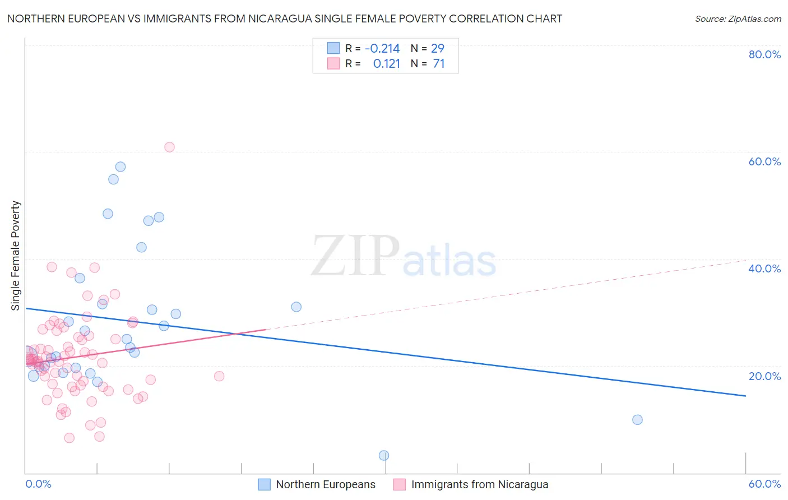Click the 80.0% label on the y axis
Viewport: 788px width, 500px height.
pyautogui.click(x=764, y=54)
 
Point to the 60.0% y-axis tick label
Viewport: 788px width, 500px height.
pyautogui.click(x=764, y=161)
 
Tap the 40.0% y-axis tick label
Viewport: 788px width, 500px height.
pyautogui.click(x=764, y=268)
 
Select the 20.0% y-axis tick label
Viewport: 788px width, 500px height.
pyautogui.click(x=764, y=376)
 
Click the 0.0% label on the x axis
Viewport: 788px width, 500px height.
pyautogui.click(x=38, y=484)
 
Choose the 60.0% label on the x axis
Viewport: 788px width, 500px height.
pyautogui.click(x=764, y=484)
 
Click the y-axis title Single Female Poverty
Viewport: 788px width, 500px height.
pyautogui.click(x=16, y=256)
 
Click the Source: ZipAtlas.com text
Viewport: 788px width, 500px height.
pyautogui.click(x=738, y=18)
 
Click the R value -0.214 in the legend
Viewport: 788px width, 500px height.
pyautogui.click(x=382, y=49)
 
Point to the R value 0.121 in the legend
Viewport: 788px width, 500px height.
pyautogui.click(x=387, y=64)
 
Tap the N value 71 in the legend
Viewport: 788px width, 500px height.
pyautogui.click(x=439, y=64)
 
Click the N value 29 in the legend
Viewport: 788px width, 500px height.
pyautogui.click(x=438, y=49)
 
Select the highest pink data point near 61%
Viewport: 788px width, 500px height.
pyautogui.click(x=169, y=147)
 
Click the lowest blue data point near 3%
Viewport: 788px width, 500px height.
pyautogui.click(x=384, y=455)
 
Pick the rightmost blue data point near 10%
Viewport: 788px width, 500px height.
pyautogui.click(x=637, y=419)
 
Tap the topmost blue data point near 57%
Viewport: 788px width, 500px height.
pyautogui.click(x=120, y=166)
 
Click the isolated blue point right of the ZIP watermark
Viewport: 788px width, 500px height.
pyautogui.click(x=296, y=307)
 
